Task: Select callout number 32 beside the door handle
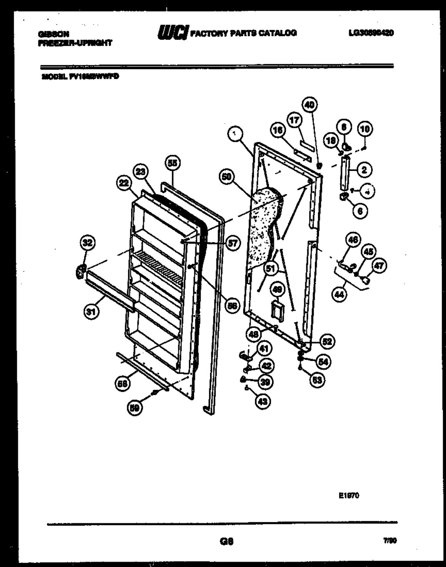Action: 87,243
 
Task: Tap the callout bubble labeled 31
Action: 91,313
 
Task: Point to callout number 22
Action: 124,182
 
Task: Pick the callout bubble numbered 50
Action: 227,177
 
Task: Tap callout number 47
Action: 380,266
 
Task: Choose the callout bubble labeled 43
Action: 263,401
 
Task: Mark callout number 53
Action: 318,380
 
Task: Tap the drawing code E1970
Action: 349,495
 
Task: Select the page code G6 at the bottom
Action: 227,542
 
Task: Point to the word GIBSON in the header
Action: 53,34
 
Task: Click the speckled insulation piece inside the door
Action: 263,228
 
